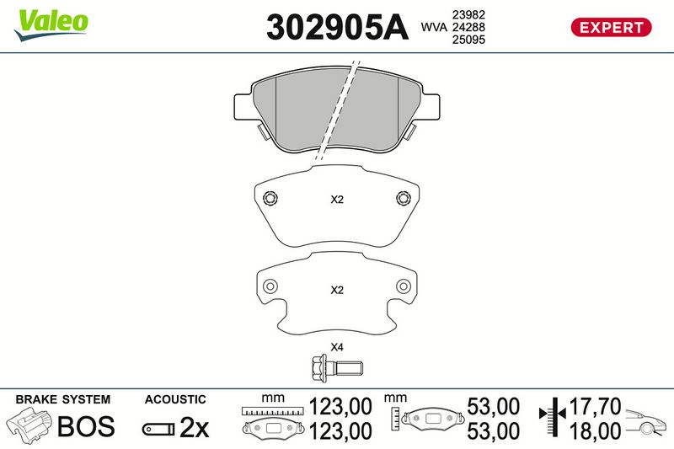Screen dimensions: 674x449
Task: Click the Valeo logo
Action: (x=51, y=25)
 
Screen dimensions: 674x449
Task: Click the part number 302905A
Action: (x=337, y=27)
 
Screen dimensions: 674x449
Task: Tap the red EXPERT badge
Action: (x=611, y=28)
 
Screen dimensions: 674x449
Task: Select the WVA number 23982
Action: (x=468, y=14)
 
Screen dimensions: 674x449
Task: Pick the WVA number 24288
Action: (x=468, y=27)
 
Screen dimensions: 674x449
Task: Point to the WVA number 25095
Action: (x=468, y=40)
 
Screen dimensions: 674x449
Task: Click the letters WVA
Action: (x=434, y=27)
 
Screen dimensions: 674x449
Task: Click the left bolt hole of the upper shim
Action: (x=270, y=198)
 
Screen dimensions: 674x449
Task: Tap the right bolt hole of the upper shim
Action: (x=404, y=198)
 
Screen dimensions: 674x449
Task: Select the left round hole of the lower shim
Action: (x=270, y=286)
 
